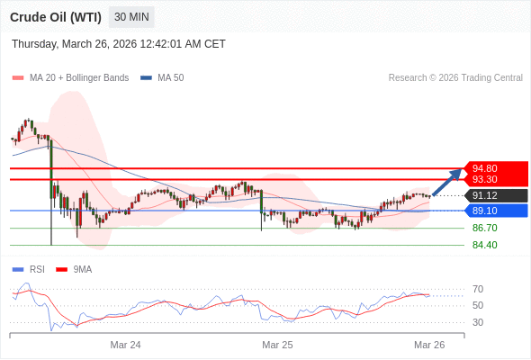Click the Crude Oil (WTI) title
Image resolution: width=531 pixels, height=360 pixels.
(x=56, y=17)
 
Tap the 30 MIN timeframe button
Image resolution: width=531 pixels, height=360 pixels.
(x=131, y=17)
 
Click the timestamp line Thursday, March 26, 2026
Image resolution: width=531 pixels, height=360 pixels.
(x=119, y=44)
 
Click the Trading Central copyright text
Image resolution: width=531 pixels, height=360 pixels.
(x=455, y=77)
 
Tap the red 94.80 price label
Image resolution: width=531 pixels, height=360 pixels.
(x=485, y=168)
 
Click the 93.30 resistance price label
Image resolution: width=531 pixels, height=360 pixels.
(x=485, y=179)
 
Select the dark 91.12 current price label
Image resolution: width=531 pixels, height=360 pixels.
(x=485, y=195)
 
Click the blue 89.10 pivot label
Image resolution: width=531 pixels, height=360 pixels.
(x=485, y=211)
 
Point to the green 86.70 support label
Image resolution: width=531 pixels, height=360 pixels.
(x=484, y=228)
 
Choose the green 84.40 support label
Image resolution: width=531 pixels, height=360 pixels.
(x=484, y=245)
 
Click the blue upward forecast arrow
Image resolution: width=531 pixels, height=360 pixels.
(x=447, y=183)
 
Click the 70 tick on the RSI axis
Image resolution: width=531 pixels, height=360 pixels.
(x=478, y=289)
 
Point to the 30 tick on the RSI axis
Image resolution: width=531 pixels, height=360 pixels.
(x=478, y=322)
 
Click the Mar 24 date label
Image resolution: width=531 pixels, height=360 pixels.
(x=125, y=345)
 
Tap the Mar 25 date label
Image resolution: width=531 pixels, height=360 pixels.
(x=277, y=345)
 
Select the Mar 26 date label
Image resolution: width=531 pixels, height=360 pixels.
(x=429, y=345)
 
